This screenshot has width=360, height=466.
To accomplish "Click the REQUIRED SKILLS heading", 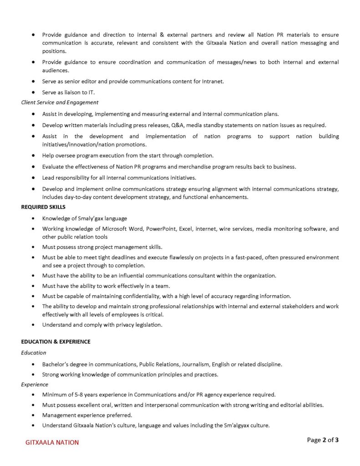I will pyautogui.click(x=43, y=207).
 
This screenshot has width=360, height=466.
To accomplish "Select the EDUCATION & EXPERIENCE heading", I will pyautogui.click(x=56, y=341).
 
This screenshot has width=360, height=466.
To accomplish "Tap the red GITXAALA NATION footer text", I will pyautogui.click(x=52, y=442).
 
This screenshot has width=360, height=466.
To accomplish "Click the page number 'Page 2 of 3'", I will pyautogui.click(x=323, y=440).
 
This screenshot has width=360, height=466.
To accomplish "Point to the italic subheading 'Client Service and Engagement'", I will pyautogui.click(x=60, y=102).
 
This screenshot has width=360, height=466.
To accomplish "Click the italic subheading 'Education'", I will pyautogui.click(x=33, y=353).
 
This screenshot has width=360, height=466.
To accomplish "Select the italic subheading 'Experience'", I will pyautogui.click(x=35, y=385).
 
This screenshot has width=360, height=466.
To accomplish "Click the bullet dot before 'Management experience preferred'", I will pyautogui.click(x=34, y=415).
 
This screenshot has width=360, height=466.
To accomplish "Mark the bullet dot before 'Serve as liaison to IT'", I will pyautogui.click(x=34, y=92).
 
